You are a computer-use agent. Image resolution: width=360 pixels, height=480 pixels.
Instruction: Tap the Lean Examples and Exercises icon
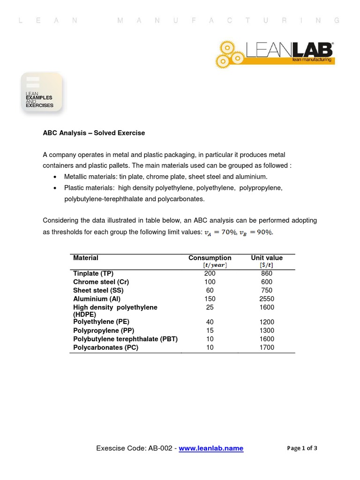[x=41, y=93]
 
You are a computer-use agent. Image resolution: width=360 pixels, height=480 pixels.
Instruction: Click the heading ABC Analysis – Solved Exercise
[x=94, y=133]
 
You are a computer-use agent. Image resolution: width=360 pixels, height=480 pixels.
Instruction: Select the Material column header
[x=86, y=258]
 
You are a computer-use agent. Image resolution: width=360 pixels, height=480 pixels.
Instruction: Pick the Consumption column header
[x=210, y=258]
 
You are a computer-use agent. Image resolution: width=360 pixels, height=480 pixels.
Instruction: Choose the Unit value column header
[x=267, y=258]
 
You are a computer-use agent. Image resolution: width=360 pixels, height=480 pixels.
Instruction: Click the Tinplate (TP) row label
[x=93, y=273]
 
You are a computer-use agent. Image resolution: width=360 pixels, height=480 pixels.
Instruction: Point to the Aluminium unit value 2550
[x=267, y=299]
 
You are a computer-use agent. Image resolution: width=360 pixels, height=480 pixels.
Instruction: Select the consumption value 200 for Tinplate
[x=210, y=273]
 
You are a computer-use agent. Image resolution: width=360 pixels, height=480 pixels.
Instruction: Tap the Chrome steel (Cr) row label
[x=101, y=282]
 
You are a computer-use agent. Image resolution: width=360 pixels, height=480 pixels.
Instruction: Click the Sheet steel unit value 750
[x=267, y=290]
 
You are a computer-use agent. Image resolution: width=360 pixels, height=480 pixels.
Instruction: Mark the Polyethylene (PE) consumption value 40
[x=210, y=322]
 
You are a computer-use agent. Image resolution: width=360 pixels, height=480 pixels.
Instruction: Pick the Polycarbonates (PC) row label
[x=105, y=347]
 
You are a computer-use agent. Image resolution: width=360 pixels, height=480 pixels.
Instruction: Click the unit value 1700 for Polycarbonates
[x=267, y=347]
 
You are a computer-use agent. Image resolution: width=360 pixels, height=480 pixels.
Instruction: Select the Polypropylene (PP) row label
[x=104, y=330]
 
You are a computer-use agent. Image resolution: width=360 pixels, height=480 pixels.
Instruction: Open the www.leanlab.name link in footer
[x=211, y=448]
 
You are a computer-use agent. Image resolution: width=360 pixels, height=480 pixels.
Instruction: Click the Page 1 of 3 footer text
[x=302, y=448]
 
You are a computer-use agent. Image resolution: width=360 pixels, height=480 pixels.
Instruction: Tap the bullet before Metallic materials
[x=56, y=177]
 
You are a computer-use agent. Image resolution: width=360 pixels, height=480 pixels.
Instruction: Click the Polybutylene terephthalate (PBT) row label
[x=125, y=339]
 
